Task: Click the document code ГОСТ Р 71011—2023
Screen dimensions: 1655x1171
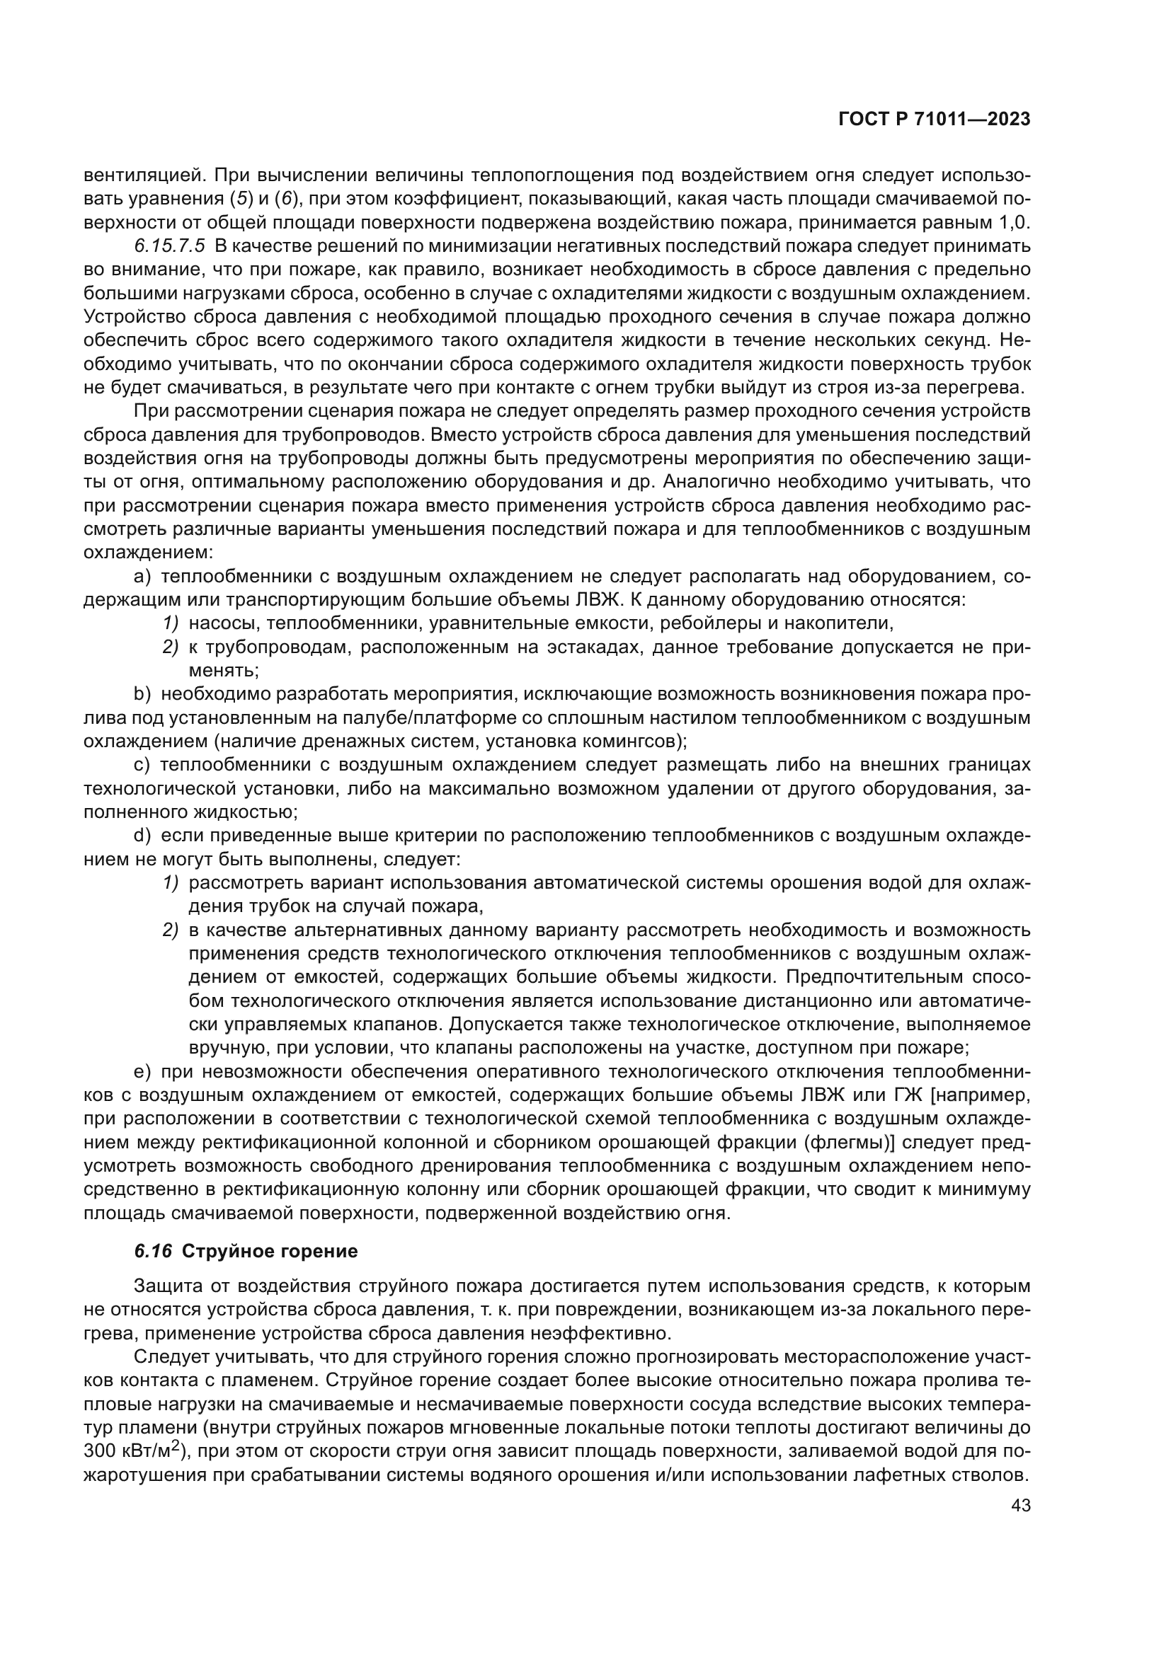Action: point(935,120)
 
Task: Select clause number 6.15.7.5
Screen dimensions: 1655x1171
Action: point(169,246)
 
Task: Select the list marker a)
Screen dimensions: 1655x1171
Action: point(142,577)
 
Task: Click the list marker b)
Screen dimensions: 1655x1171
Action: point(142,694)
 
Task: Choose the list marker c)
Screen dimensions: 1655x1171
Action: point(142,765)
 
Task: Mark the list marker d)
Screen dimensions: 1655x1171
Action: point(142,836)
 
